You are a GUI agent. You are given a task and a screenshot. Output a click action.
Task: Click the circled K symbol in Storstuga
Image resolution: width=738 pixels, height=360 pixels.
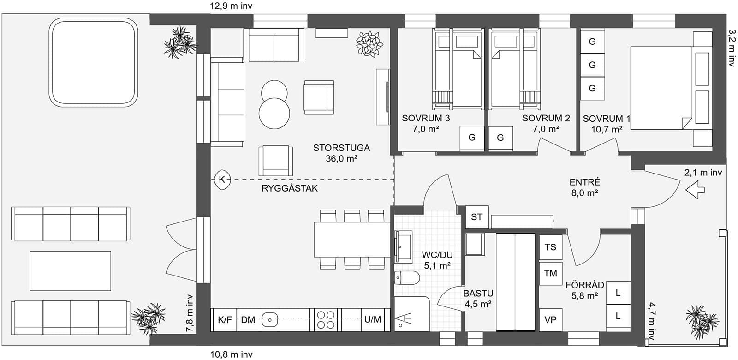(x=222, y=179)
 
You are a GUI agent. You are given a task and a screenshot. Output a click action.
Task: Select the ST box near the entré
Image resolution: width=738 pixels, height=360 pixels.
(x=476, y=216)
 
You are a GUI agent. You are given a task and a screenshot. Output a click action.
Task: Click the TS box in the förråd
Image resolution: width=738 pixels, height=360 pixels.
(x=551, y=247)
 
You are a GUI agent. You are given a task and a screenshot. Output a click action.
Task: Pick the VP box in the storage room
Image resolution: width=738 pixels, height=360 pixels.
(x=550, y=319)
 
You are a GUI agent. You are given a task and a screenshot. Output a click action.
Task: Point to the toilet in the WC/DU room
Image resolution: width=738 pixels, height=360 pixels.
(x=407, y=278)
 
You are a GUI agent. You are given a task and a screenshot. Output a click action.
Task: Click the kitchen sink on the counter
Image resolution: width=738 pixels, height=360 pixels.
(x=269, y=318)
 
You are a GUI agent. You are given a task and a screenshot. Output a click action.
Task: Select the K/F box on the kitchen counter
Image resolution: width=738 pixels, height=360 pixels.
(x=225, y=319)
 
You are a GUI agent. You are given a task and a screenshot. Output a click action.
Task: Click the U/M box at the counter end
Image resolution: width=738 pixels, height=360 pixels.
(x=372, y=319)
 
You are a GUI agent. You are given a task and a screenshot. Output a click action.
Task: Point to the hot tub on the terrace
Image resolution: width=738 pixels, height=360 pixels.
(x=94, y=62)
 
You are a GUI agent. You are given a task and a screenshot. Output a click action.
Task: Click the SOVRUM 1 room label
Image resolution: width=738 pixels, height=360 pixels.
(x=606, y=119)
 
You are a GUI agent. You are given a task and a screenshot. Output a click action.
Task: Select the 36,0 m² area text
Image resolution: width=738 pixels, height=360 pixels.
(x=342, y=158)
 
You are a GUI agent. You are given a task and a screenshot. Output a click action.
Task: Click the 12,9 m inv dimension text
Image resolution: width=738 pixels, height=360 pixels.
(x=231, y=6)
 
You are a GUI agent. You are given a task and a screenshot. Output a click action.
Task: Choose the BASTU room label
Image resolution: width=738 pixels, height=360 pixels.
(x=478, y=293)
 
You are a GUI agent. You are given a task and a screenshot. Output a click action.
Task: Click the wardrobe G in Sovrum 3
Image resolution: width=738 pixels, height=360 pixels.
(x=472, y=138)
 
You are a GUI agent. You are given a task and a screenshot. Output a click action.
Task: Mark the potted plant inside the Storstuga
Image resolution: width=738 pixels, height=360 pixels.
(x=369, y=44)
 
